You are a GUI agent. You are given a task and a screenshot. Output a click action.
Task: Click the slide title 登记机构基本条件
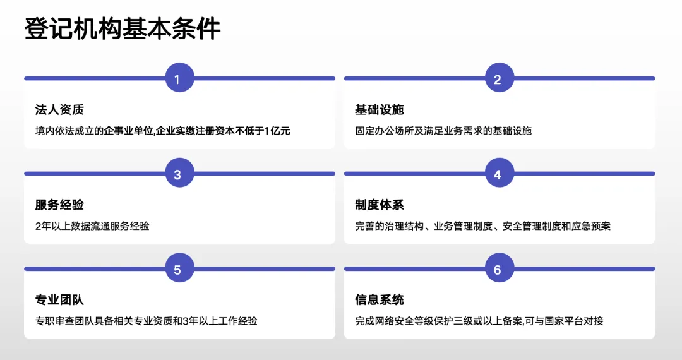123,29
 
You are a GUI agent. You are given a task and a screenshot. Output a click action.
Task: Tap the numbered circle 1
177,79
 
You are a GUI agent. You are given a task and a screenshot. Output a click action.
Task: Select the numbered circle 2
497,79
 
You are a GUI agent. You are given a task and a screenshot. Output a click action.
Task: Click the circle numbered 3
177,174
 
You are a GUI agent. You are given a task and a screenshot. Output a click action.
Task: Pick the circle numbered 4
497,174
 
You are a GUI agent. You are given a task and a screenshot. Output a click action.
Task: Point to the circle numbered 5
177,270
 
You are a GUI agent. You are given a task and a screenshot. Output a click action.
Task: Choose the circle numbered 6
497,270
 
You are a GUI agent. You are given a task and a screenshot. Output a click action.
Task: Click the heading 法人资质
59,110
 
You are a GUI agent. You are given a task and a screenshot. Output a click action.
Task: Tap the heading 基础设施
379,110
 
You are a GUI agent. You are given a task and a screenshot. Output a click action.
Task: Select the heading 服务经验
59,205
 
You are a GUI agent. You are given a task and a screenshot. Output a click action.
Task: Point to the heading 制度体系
379,205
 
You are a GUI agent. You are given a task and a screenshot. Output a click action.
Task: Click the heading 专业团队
59,300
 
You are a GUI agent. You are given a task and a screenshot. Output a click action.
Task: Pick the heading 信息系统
379,300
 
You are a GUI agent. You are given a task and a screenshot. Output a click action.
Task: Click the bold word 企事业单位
129,131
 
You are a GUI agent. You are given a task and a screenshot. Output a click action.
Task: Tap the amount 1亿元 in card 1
277,131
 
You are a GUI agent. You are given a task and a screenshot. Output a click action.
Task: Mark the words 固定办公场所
384,131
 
